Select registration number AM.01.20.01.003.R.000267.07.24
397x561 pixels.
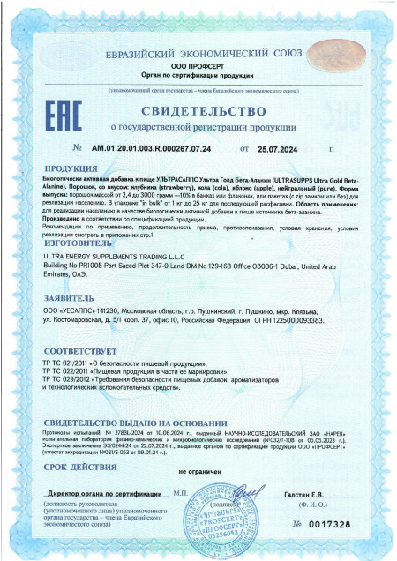pyautogui.click(x=164, y=147)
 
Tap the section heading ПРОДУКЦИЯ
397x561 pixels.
pyautogui.click(x=70, y=167)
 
